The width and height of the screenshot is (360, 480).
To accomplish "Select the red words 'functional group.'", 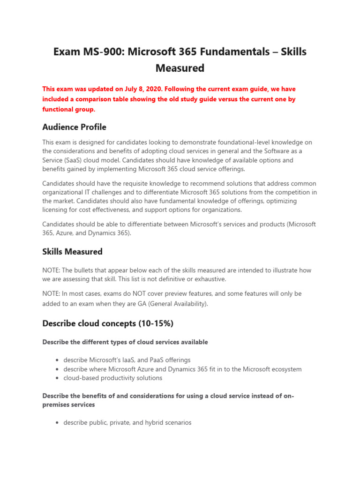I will click(68, 109).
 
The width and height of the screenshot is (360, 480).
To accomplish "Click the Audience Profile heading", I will click(74, 127).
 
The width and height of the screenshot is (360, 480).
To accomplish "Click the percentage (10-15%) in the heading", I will click(159, 323).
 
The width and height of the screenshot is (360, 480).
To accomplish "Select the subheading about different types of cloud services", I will click(125, 342).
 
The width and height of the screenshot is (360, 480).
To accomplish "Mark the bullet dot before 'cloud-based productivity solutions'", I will click(57, 378).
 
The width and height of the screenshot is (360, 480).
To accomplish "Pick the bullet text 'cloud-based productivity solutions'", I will click(113, 378).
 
